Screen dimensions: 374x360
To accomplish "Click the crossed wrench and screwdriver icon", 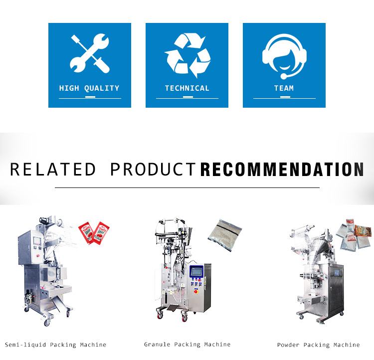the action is [90, 53].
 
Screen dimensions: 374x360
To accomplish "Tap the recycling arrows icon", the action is [187, 55].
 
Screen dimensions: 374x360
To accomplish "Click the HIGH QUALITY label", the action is [89, 88].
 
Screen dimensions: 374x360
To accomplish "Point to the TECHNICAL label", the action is [187, 88].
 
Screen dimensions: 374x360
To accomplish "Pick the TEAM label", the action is [284, 88].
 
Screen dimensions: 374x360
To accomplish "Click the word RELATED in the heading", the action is [53, 170].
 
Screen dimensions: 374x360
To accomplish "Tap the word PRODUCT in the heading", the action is [153, 170].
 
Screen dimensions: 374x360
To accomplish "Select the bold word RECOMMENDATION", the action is [282, 170].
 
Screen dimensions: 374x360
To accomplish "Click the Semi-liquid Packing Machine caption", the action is [55, 345].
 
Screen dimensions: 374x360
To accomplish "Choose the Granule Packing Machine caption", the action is [187, 345].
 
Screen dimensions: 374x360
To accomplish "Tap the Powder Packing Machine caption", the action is [319, 345].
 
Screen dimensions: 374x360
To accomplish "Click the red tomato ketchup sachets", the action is [94, 233].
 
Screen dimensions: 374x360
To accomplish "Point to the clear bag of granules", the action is [225, 235].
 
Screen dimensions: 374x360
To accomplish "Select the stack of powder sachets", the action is [354, 234].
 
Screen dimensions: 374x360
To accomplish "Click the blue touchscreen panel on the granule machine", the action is [196, 272].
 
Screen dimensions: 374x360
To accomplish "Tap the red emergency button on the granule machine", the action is [196, 291].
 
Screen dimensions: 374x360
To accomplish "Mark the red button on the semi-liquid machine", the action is [37, 256].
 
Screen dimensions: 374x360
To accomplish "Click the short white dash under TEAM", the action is [285, 97].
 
